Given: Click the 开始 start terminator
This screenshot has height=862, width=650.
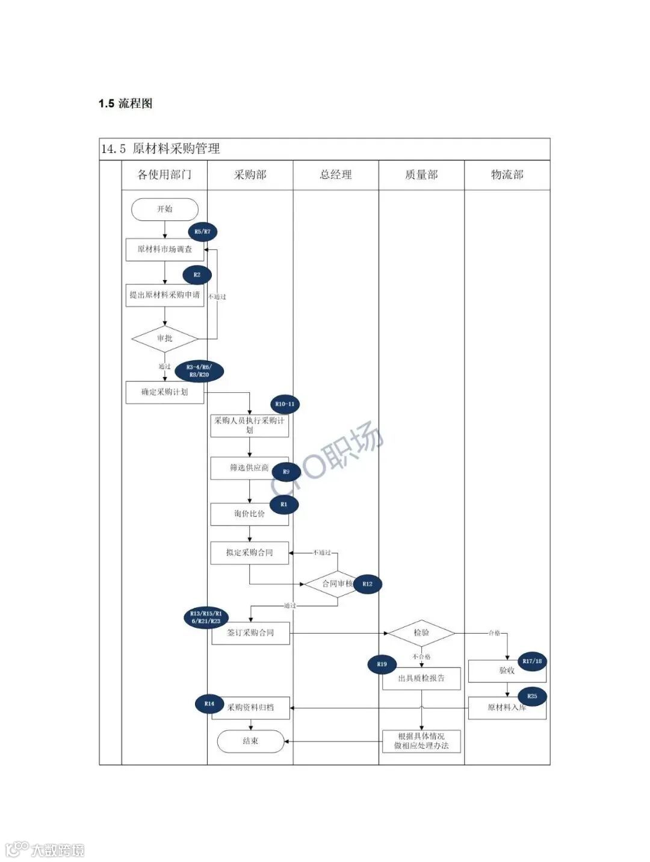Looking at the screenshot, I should click(164, 209).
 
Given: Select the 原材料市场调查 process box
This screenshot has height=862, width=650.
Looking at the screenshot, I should click(164, 249).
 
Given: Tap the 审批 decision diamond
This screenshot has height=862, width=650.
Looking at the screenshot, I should click(164, 339).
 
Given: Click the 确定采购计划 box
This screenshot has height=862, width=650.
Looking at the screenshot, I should click(164, 392).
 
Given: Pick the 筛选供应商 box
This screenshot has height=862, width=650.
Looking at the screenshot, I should click(247, 468).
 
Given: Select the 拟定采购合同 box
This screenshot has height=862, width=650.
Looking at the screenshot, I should click(249, 552).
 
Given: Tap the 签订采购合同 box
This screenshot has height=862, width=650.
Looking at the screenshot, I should click(250, 633).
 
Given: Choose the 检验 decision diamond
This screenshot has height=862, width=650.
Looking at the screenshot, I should click(421, 633).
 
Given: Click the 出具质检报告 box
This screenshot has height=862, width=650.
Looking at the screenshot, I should click(421, 678).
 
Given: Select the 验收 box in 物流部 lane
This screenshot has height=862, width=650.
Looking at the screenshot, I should click(507, 670).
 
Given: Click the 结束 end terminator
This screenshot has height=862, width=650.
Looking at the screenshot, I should click(250, 742).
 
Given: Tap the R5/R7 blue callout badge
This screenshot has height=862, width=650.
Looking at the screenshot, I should click(203, 232).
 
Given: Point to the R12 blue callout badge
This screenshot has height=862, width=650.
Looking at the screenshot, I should click(367, 584).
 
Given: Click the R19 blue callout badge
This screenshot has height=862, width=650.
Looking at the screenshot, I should click(382, 664).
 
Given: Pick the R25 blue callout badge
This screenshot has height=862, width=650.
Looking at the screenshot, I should click(532, 696).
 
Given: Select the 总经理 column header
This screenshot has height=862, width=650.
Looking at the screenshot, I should click(336, 175).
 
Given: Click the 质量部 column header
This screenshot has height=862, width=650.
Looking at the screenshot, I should click(421, 175).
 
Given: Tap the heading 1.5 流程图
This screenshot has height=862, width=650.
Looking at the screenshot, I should click(126, 103).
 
